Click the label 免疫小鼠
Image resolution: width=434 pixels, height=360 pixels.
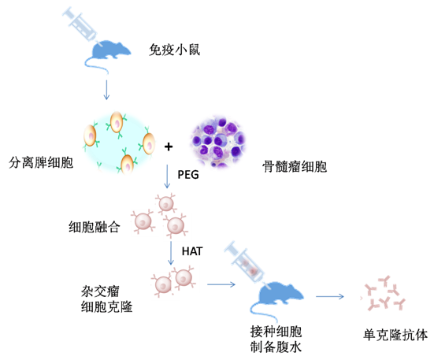tap(174, 50)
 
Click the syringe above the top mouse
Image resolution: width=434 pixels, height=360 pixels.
tap(80, 24)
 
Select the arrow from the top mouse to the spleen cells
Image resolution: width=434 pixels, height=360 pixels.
tap(106, 90)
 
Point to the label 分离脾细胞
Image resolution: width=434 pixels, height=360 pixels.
tap(41, 162)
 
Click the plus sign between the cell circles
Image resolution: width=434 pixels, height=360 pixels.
tap(169, 147)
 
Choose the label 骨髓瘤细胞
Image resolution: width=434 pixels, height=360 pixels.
tap(295, 166)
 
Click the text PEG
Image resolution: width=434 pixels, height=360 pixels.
tap(188, 175)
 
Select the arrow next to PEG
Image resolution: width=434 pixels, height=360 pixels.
tap(167, 176)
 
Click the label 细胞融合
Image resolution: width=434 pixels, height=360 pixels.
tap(95, 227)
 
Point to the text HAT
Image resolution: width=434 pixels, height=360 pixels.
tap(192, 251)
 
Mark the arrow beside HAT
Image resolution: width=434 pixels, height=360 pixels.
tap(171, 253)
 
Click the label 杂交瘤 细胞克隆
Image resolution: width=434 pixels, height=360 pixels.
tap(106, 299)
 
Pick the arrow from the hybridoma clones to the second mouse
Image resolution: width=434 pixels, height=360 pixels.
tap(221, 284)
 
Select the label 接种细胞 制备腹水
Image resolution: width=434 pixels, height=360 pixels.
tap(276, 340)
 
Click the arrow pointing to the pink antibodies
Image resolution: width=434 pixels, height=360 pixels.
tap(330, 296)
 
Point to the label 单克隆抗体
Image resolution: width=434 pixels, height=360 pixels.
tap(395, 335)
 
